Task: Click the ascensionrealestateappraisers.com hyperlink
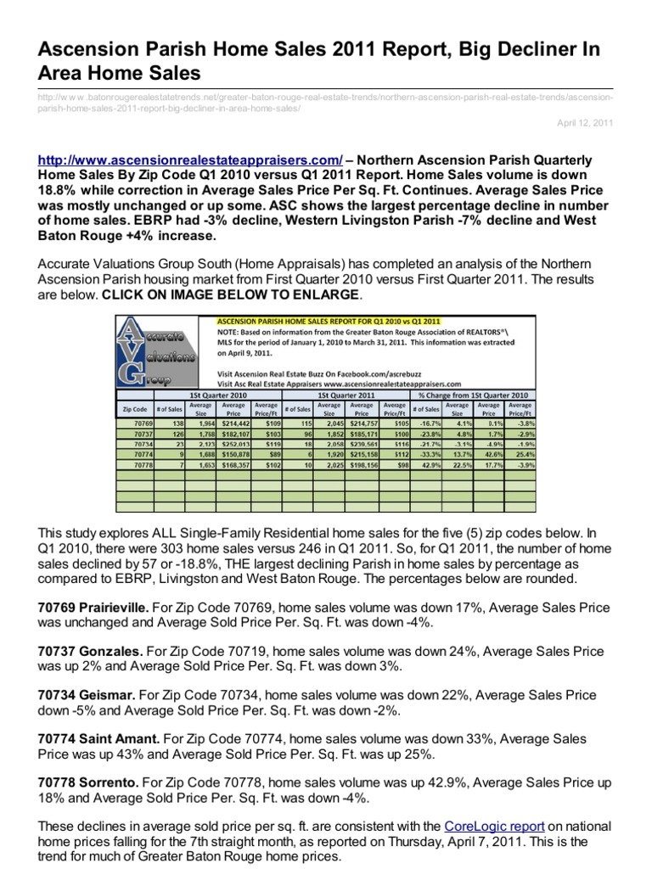coord(191,160)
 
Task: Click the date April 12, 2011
coord(585,123)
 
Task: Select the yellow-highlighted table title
coord(329,321)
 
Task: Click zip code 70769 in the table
coord(142,422)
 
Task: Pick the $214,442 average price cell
coord(236,422)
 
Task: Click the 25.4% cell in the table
coord(519,454)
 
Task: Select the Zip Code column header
coord(135,409)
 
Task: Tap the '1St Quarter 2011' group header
coord(346,395)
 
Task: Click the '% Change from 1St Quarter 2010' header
coord(473,395)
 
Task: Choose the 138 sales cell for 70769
coord(177,422)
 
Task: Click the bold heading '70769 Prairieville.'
coord(94,607)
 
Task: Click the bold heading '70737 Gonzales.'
coord(90,651)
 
